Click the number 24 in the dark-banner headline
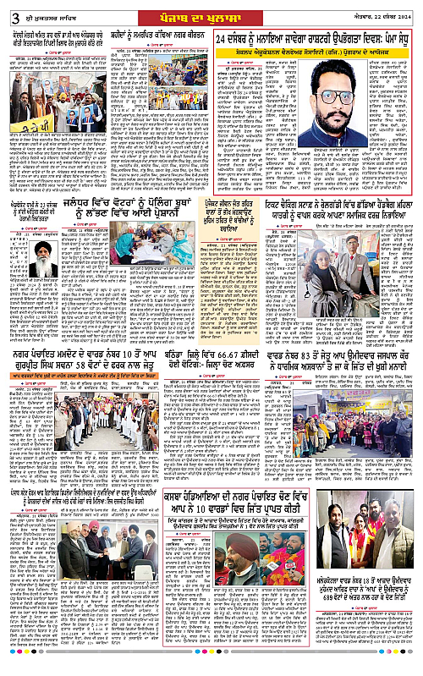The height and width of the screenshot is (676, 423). tap(224, 39)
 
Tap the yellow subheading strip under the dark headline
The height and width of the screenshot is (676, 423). tap(316, 52)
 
